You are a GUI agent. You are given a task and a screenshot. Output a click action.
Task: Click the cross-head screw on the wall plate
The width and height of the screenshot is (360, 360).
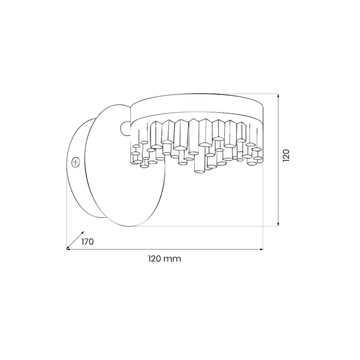pos(76,161)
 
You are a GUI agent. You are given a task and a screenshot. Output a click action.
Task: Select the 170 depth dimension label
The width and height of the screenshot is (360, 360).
pos(87,241)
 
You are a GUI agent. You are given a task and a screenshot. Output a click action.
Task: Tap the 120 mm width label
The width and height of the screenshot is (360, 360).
pos(163,258)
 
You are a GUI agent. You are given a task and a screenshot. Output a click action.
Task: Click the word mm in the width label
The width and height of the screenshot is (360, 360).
pos(173,258)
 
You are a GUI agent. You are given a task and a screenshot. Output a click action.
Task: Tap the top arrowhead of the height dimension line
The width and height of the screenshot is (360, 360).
pos(279,94)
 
